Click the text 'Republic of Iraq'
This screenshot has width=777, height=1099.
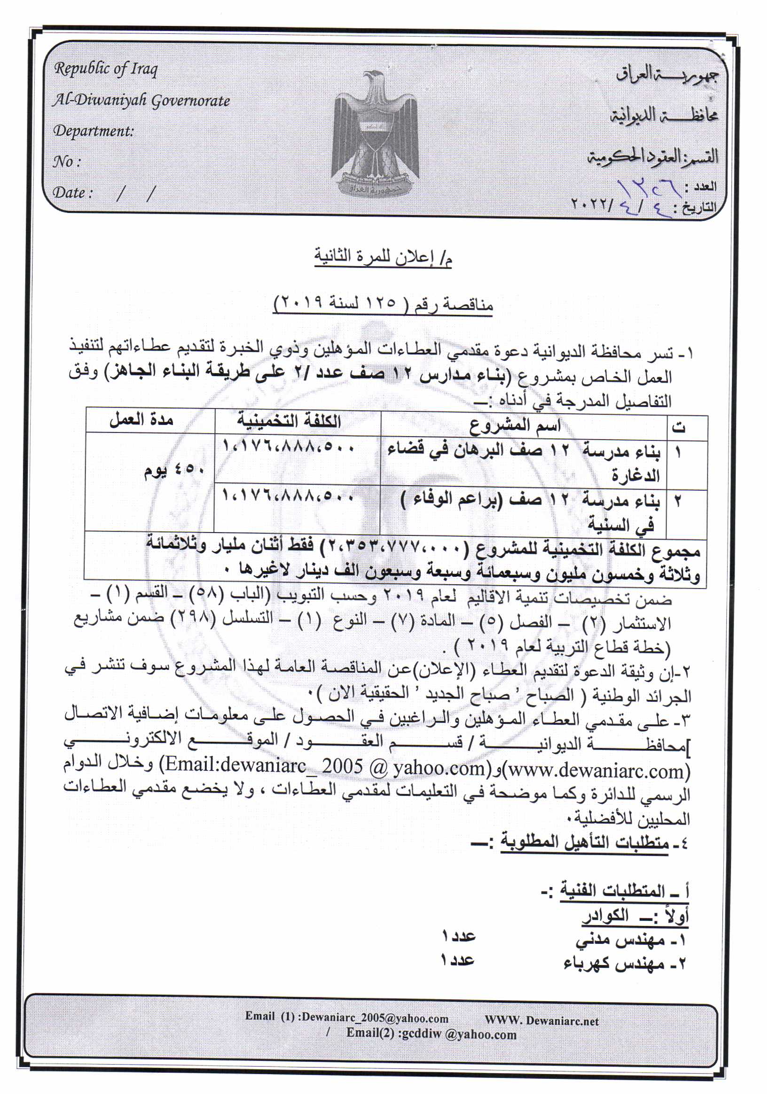106,69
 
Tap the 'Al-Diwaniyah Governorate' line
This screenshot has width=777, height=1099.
141,101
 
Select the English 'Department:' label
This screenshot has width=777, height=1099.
94,131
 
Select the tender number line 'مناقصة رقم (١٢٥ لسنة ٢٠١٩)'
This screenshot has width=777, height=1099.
383,304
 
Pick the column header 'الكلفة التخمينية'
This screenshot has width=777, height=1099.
289,422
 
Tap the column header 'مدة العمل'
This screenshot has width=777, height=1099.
141,420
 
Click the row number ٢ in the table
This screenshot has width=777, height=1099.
679,501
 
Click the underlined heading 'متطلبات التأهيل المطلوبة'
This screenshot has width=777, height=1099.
584,841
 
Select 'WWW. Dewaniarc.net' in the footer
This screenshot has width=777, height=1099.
542,1020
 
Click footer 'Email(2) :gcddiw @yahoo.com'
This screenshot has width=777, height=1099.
431,1035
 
